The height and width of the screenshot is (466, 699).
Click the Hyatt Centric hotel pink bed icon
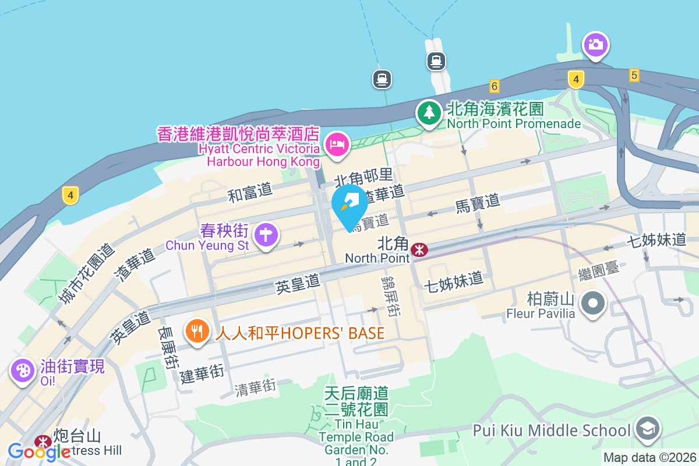coord(337,143)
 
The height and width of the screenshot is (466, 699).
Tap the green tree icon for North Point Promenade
coord(429,111)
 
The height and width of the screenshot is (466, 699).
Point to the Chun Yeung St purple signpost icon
coord(266,235)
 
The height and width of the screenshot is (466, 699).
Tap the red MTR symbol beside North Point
coord(419,250)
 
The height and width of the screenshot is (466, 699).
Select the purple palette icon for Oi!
coord(23,370)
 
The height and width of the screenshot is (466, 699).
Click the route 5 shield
coord(634,75)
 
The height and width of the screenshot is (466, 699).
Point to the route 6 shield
coord(495,86)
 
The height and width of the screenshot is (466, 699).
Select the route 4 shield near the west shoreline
coord(70,195)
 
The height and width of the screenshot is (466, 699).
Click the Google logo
coord(39,451)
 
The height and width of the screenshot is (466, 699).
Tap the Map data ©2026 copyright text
coord(649,457)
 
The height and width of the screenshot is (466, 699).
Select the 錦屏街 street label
coord(390,296)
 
